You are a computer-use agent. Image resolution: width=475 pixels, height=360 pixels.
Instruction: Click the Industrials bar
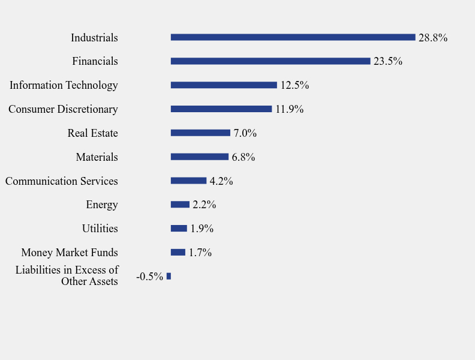[293, 37]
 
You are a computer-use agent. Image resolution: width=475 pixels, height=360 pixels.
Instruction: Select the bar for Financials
[270, 61]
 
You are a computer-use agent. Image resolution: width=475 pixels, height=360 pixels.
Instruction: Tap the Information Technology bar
[224, 85]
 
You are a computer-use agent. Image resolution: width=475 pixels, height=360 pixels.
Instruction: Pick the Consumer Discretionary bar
[221, 109]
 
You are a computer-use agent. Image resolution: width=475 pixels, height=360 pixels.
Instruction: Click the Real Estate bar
[200, 133]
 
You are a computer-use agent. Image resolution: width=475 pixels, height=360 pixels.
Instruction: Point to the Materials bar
[199, 157]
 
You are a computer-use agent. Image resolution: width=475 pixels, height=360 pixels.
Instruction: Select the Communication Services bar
[188, 181]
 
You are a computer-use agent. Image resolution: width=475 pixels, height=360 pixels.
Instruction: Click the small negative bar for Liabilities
[169, 276]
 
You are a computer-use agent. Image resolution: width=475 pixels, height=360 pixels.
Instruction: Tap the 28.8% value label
[432, 38]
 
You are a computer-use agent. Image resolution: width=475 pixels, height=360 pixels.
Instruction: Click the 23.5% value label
[387, 61]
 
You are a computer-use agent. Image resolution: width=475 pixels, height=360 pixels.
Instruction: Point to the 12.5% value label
[294, 85]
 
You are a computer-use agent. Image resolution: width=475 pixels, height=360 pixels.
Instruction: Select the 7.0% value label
[245, 133]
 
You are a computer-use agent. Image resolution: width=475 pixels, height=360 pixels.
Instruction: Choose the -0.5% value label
[149, 277]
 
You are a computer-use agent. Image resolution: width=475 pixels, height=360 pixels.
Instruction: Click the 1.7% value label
[200, 253]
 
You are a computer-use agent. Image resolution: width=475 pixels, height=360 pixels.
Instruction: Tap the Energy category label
[102, 205]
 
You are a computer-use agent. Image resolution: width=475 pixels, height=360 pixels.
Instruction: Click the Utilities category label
[100, 229]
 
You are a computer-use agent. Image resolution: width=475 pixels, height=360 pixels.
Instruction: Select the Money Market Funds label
[70, 253]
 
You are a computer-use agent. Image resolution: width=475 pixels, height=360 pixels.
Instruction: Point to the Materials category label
[97, 157]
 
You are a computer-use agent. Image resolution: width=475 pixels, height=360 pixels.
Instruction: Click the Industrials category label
[94, 38]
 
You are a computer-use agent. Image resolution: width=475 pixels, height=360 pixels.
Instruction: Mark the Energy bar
[180, 205]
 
